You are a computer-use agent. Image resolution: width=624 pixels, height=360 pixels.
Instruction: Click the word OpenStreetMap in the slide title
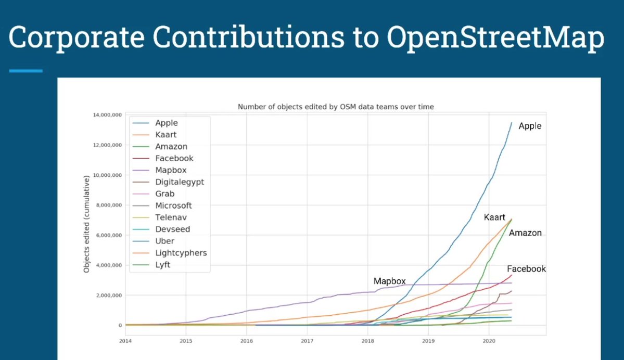(x=495, y=38)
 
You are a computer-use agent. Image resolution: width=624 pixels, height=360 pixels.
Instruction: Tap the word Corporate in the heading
(x=76, y=38)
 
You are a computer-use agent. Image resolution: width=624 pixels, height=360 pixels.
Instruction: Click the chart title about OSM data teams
(x=336, y=107)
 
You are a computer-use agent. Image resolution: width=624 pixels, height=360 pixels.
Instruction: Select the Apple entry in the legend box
(x=167, y=123)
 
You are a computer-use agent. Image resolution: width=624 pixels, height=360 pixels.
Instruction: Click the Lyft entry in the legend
(x=163, y=265)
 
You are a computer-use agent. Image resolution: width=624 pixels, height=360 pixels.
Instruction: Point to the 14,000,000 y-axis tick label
(x=107, y=115)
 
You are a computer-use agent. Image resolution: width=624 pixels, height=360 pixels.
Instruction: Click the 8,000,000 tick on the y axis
(x=109, y=205)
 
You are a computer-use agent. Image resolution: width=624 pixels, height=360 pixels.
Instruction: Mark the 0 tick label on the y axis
(x=120, y=325)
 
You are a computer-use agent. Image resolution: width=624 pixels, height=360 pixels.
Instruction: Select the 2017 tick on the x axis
(x=307, y=341)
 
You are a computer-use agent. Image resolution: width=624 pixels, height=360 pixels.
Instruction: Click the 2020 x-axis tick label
(x=489, y=341)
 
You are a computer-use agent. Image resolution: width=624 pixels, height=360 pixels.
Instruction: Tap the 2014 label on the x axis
(x=125, y=341)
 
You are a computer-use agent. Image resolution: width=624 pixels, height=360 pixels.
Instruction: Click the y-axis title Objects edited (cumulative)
(x=86, y=224)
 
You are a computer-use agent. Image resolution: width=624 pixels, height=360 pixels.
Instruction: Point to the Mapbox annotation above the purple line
(x=389, y=281)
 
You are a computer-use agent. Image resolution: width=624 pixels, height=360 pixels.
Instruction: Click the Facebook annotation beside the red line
(x=526, y=269)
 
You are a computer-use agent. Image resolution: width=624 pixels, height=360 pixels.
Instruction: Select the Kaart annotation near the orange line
(x=494, y=217)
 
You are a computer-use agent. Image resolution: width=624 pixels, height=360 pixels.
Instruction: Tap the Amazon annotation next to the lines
(x=525, y=233)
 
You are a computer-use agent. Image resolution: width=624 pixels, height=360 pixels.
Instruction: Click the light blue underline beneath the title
(x=26, y=71)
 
